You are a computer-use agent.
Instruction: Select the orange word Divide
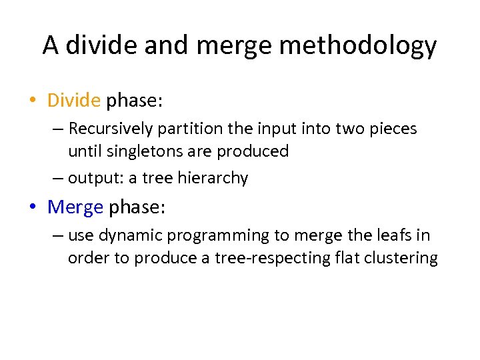(x=73, y=101)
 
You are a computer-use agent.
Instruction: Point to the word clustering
(x=400, y=259)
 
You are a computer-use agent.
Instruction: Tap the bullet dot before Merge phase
(x=32, y=208)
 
